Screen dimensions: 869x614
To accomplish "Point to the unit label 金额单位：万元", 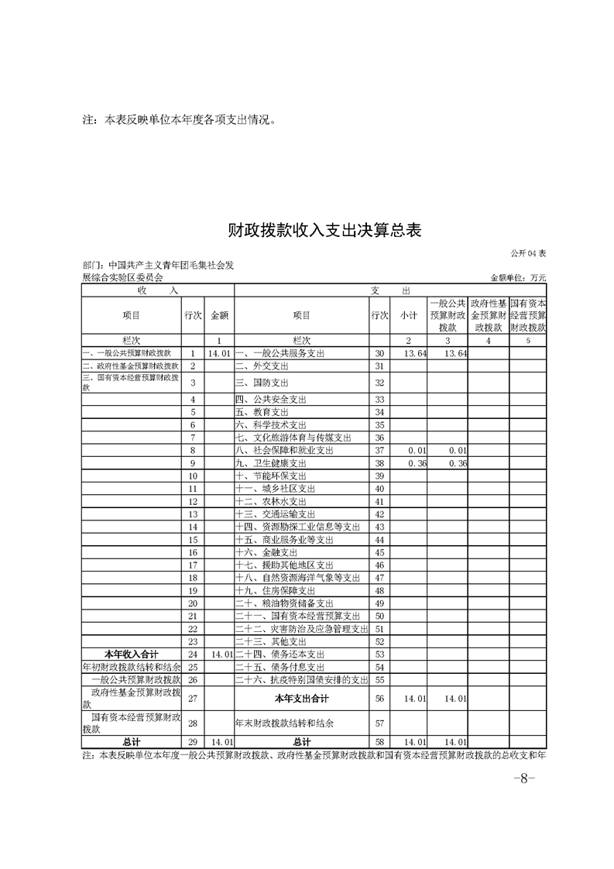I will coord(518,276).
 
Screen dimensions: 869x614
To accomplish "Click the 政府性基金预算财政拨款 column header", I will coord(488,315).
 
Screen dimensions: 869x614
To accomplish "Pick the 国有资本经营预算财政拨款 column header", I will coord(528,315).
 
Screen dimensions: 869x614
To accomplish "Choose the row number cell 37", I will coord(379,450).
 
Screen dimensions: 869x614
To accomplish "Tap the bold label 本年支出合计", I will coord(301,699).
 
